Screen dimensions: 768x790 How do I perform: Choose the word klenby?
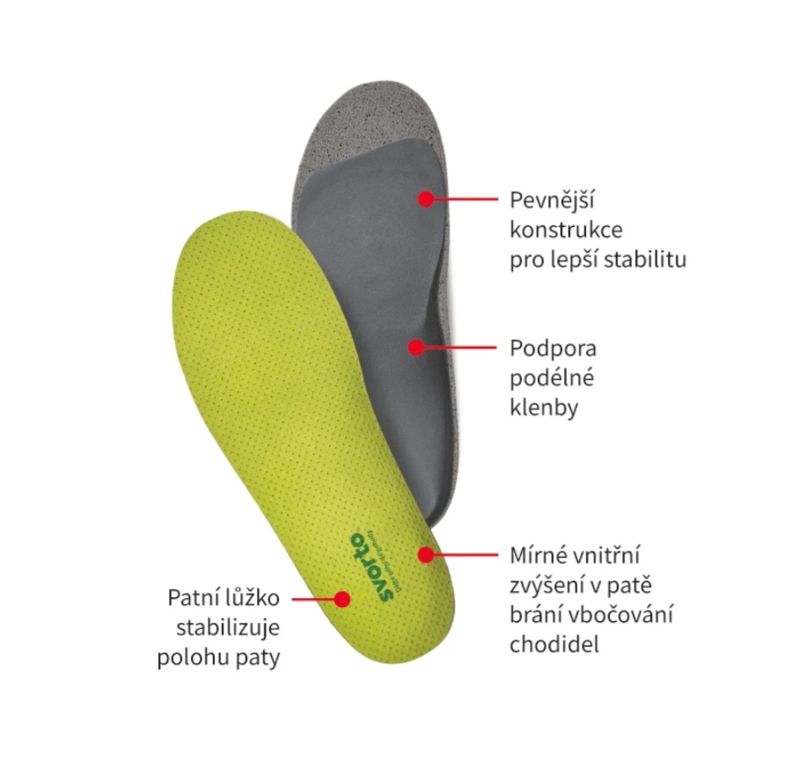tap(544, 408)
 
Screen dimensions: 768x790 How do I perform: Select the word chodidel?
tap(554, 645)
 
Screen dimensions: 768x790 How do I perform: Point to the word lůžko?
tap(256, 599)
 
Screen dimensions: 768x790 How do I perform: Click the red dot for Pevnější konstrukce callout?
tap(426, 199)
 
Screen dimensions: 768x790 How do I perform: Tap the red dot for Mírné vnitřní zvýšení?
tap(426, 554)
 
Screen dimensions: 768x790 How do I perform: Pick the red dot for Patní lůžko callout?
tap(341, 599)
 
